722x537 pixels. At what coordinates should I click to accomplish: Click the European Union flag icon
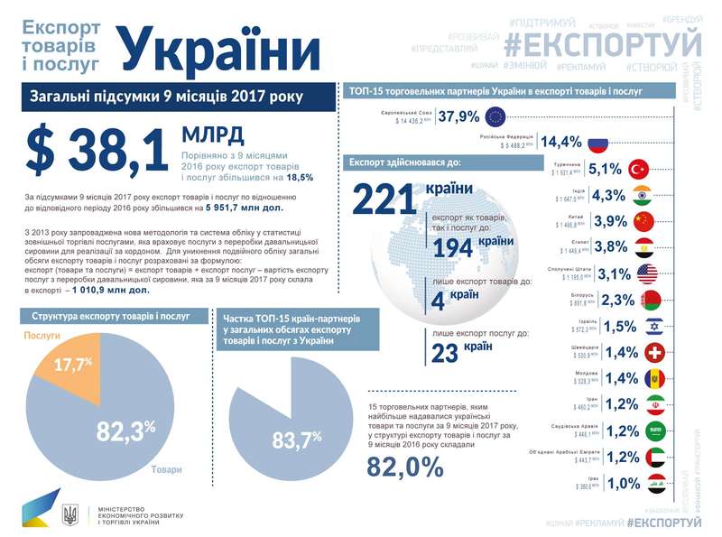(495, 116)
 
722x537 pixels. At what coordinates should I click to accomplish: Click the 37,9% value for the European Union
(458, 116)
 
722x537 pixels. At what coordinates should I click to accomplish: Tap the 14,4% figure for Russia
(560, 143)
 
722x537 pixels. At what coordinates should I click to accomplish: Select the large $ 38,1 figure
(97, 150)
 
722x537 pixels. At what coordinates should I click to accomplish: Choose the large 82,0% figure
(405, 466)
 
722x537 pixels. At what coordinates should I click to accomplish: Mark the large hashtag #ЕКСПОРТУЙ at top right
(602, 42)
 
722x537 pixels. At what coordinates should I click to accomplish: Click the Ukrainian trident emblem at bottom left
(70, 515)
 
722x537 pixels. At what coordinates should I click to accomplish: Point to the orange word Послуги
(42, 335)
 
